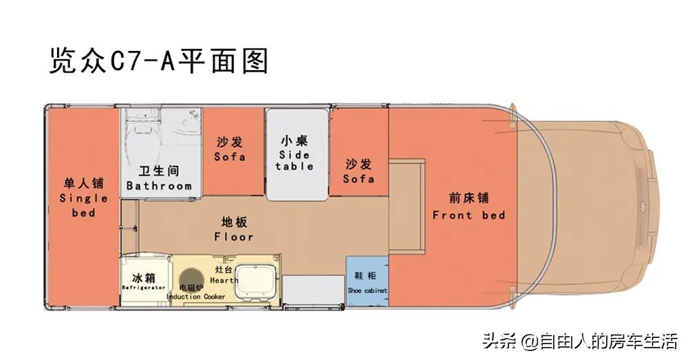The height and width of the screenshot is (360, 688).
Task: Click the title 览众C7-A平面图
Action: coord(158,61)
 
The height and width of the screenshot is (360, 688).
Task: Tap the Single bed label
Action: coord(83,205)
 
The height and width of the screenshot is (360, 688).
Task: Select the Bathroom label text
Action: coord(159,186)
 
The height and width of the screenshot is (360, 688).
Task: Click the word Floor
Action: coord(234,237)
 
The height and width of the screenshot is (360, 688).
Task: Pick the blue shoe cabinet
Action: coord(367,282)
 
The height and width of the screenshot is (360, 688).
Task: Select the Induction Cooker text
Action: coord(196,297)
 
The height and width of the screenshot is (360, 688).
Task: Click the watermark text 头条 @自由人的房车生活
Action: coord(579,341)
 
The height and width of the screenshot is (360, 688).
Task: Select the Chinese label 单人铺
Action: coord(83,183)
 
